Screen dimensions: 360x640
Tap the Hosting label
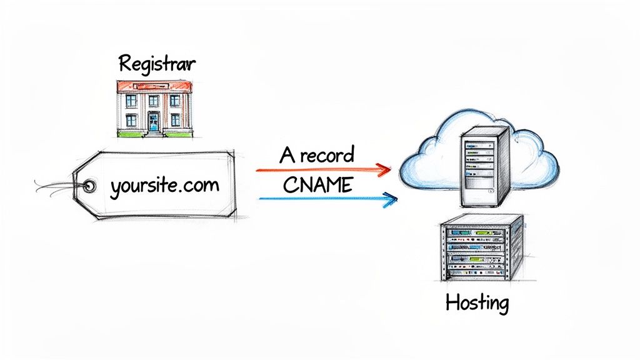coord(477,303)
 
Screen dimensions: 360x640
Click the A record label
coord(317,155)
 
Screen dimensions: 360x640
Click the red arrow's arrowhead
coord(384,168)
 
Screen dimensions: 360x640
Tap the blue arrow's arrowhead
coord(391,199)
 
